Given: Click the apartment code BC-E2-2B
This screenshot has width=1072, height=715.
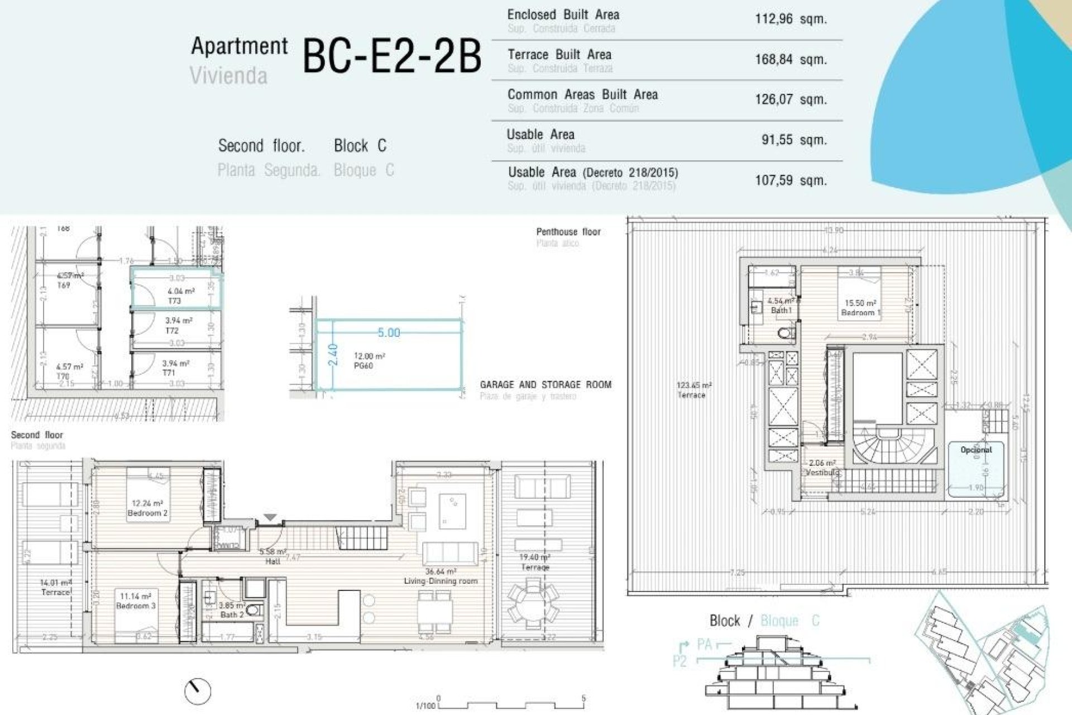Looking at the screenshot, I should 391,56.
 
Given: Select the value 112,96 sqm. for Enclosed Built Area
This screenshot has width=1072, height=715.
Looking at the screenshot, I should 790,19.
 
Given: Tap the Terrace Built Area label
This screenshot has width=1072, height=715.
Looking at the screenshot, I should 559,55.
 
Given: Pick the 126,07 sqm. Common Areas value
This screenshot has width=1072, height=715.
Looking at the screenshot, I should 790,99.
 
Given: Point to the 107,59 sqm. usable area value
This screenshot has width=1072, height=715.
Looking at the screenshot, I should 790,180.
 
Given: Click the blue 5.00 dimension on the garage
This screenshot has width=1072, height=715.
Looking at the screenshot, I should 389,333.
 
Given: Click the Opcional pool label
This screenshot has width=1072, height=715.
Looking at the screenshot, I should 976,450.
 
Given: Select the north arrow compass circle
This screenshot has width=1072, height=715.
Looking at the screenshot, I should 198,691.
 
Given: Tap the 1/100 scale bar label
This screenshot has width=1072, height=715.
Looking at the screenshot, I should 425,706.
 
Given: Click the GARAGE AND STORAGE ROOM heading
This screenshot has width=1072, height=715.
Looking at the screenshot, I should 545,384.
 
